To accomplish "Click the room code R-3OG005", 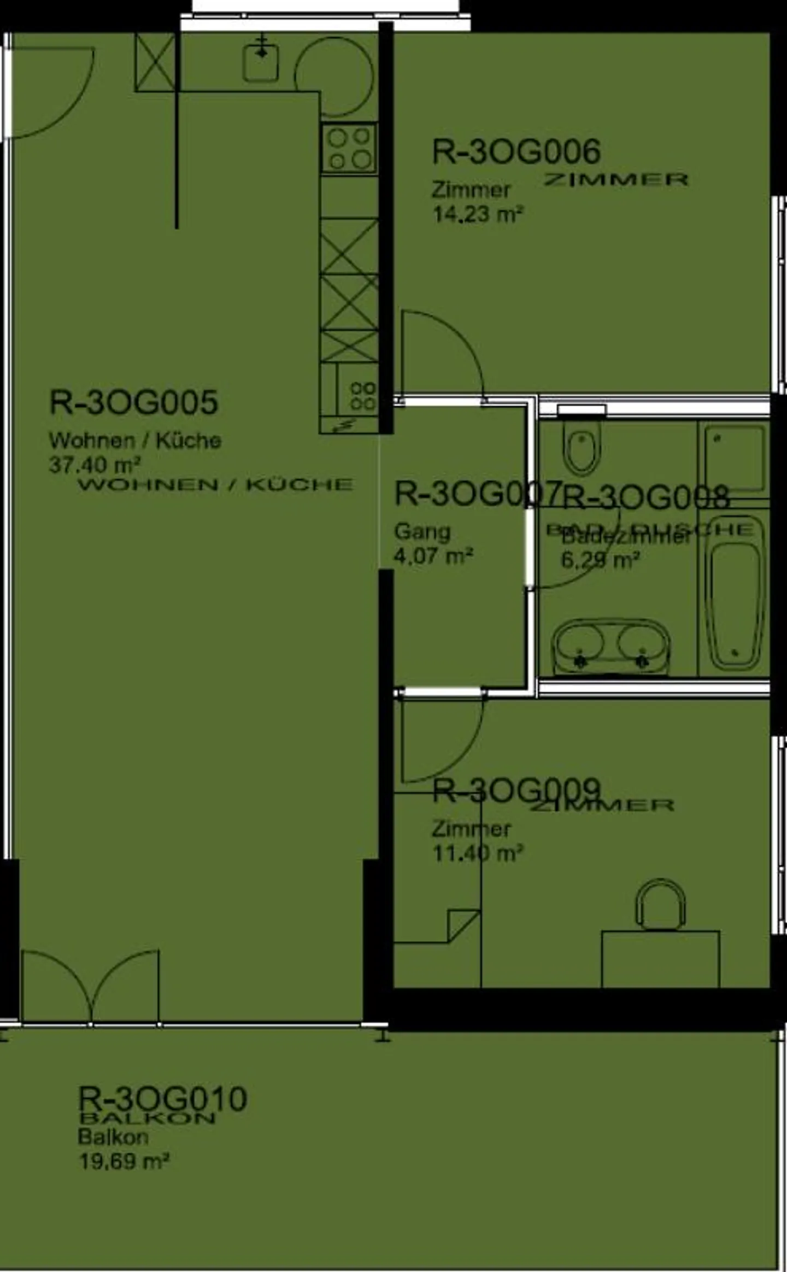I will [x=133, y=403].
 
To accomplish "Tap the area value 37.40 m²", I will [x=95, y=465].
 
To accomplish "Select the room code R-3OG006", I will [x=516, y=151].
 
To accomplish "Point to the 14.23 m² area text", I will [x=478, y=214].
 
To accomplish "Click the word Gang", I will [x=422, y=531].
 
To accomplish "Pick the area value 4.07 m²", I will [x=433, y=556].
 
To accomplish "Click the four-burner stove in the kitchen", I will [x=349, y=148].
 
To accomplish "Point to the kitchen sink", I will [x=261, y=62].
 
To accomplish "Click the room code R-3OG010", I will [x=162, y=1099].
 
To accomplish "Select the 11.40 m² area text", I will [x=478, y=853].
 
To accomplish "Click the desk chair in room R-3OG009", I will [x=660, y=905].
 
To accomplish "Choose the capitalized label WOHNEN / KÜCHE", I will [x=215, y=484].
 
